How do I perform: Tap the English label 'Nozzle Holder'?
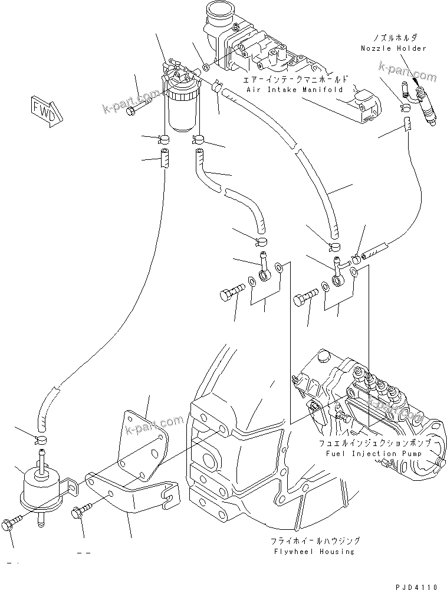tap(395, 48)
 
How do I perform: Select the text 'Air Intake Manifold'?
tap(295, 90)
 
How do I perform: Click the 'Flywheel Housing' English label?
tap(315, 552)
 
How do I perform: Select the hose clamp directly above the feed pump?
tap(42, 439)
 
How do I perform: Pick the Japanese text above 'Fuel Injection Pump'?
tap(375, 443)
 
